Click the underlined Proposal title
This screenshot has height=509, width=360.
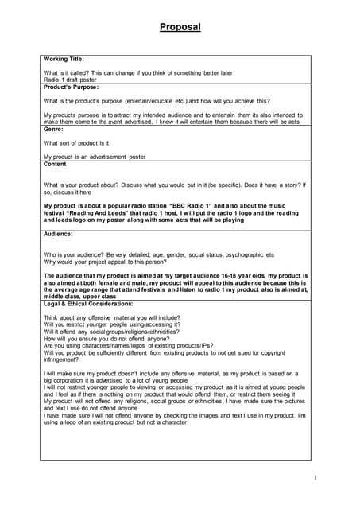coord(180,27)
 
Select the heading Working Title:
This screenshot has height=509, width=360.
coord(64,59)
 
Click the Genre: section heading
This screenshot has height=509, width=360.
coord(53,128)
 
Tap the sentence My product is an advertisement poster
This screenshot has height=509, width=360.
coord(95,157)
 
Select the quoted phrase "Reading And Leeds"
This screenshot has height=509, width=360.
coord(95,212)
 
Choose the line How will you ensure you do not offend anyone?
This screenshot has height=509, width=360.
coord(114,338)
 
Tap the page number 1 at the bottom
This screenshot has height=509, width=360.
coord(315,477)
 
